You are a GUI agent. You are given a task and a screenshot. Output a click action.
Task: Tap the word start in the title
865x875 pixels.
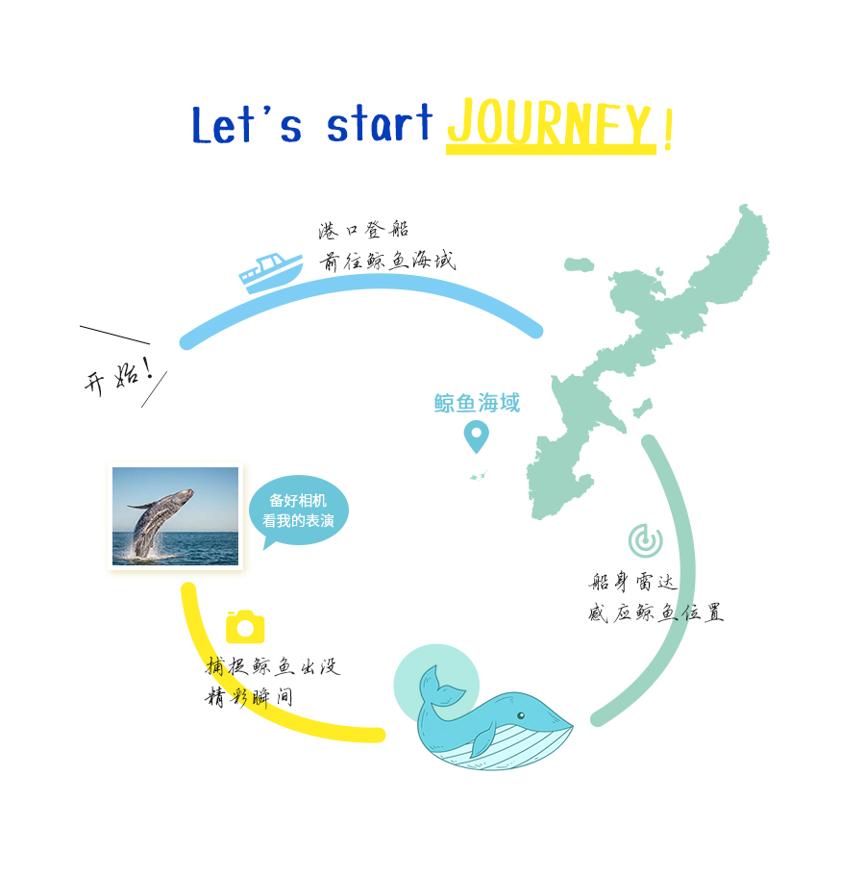pyautogui.click(x=380, y=123)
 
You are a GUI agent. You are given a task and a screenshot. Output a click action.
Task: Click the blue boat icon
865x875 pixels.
pyautogui.click(x=271, y=272)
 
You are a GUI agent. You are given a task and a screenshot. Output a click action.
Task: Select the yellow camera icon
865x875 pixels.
pyautogui.click(x=245, y=626)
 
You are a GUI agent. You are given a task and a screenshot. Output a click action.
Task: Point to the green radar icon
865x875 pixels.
pyautogui.click(x=645, y=540)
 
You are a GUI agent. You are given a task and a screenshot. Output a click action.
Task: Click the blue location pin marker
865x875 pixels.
pyautogui.click(x=477, y=437)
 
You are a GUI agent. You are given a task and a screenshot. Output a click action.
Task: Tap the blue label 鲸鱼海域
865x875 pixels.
pyautogui.click(x=477, y=403)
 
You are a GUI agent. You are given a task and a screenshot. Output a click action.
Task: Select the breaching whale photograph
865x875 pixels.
pyautogui.click(x=175, y=516)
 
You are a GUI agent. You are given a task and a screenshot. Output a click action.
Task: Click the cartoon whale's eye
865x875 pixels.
pyautogui.click(x=520, y=715)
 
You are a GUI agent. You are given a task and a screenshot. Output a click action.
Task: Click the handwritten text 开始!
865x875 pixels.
pyautogui.click(x=119, y=377)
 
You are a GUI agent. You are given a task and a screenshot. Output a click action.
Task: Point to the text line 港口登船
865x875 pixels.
pyautogui.click(x=363, y=230)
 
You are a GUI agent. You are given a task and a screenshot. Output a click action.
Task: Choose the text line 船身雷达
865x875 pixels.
pyautogui.click(x=633, y=582)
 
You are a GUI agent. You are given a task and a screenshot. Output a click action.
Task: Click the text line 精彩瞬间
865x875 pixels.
pyautogui.click(x=249, y=697)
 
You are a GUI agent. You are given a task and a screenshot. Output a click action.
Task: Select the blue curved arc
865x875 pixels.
pyautogui.click(x=361, y=282)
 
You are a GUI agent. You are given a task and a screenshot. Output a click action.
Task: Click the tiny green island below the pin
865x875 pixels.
pyautogui.click(x=479, y=475)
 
